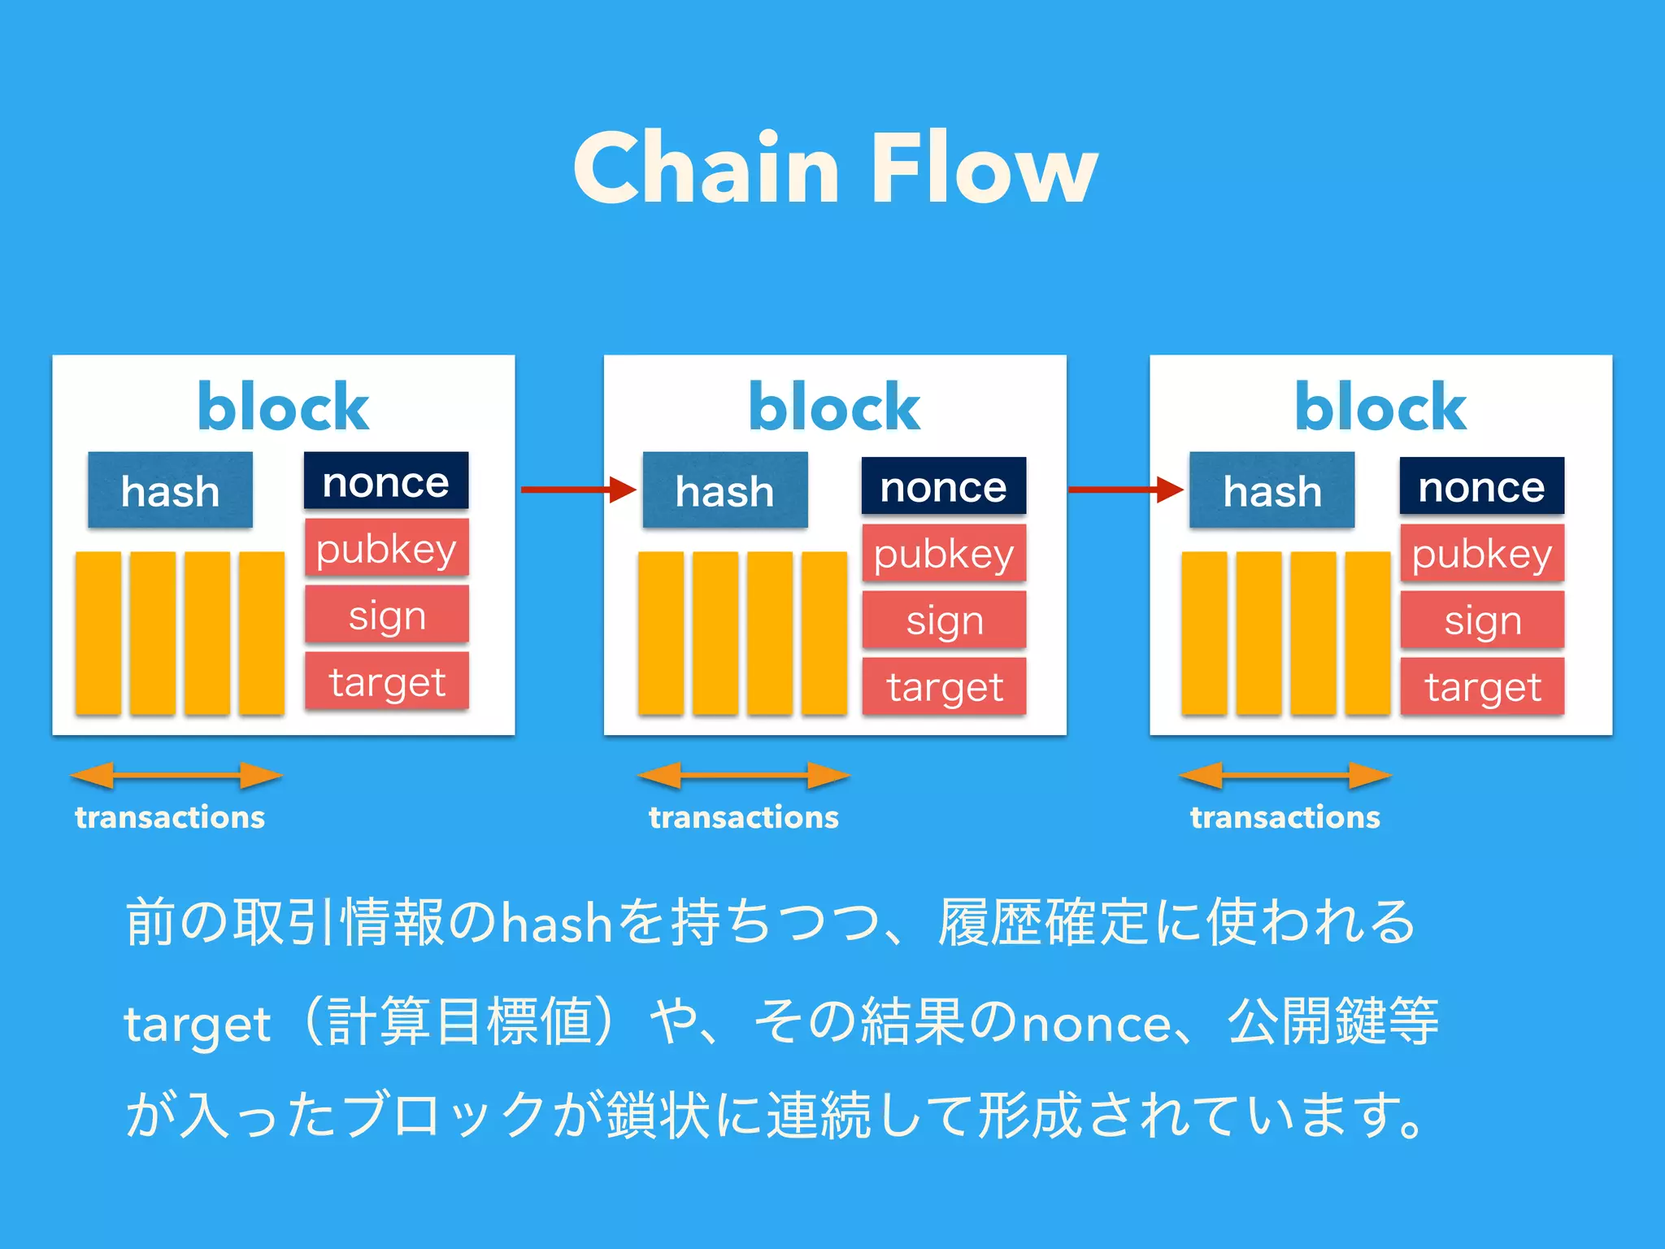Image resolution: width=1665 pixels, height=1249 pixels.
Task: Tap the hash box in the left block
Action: tap(170, 490)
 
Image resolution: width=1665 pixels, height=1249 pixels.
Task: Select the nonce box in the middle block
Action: tap(943, 486)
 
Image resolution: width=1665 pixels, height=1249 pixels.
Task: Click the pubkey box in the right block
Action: tap(1481, 553)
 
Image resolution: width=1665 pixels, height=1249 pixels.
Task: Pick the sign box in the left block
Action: tap(387, 616)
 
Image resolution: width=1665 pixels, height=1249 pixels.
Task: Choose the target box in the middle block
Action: tap(944, 686)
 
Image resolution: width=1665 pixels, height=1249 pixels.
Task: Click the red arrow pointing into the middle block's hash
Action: tap(577, 490)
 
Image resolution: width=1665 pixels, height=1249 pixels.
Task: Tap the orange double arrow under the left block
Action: tap(176, 776)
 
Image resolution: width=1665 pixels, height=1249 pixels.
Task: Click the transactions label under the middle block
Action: tap(743, 817)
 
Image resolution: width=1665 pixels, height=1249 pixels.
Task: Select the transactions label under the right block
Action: tap(1285, 817)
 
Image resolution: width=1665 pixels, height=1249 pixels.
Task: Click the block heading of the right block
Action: tap(1380, 407)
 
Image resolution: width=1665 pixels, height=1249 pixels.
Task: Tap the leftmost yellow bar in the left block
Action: tap(98, 633)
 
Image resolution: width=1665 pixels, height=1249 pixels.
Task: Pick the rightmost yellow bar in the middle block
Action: tap(824, 633)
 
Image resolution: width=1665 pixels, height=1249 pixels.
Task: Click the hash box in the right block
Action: tap(1272, 490)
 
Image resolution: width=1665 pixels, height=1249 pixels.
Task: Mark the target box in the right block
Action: tap(1482, 686)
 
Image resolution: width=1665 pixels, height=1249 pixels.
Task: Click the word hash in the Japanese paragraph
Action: tap(557, 924)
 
